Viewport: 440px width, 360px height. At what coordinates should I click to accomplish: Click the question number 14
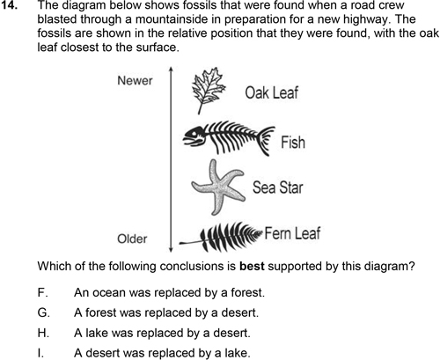point(9,5)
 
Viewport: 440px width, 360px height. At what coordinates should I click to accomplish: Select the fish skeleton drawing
point(229,137)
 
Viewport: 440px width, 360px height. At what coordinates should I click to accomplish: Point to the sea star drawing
point(218,187)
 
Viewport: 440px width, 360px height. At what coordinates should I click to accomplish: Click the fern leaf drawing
point(221,237)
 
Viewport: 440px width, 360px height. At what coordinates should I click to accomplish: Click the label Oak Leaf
point(272,92)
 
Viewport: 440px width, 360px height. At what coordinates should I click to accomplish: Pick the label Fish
point(293,143)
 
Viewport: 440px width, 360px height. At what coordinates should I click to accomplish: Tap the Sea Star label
point(277,187)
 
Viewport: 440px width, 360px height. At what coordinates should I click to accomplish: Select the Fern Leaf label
point(292,233)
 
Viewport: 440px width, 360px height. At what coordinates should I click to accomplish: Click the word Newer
point(135,81)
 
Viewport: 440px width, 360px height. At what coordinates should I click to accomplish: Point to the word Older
point(132,239)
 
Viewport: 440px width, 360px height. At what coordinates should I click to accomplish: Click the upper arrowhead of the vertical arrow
point(171,70)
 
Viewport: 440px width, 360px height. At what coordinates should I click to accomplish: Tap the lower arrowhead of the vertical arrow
point(171,249)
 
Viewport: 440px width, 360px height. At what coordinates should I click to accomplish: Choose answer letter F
point(43,292)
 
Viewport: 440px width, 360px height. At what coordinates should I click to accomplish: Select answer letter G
point(44,312)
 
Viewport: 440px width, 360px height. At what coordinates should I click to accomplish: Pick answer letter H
point(43,333)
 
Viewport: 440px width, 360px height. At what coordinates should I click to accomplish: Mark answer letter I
point(40,353)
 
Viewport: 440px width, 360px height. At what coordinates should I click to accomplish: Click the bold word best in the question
point(253,266)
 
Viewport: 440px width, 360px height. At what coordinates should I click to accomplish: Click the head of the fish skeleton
point(193,136)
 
